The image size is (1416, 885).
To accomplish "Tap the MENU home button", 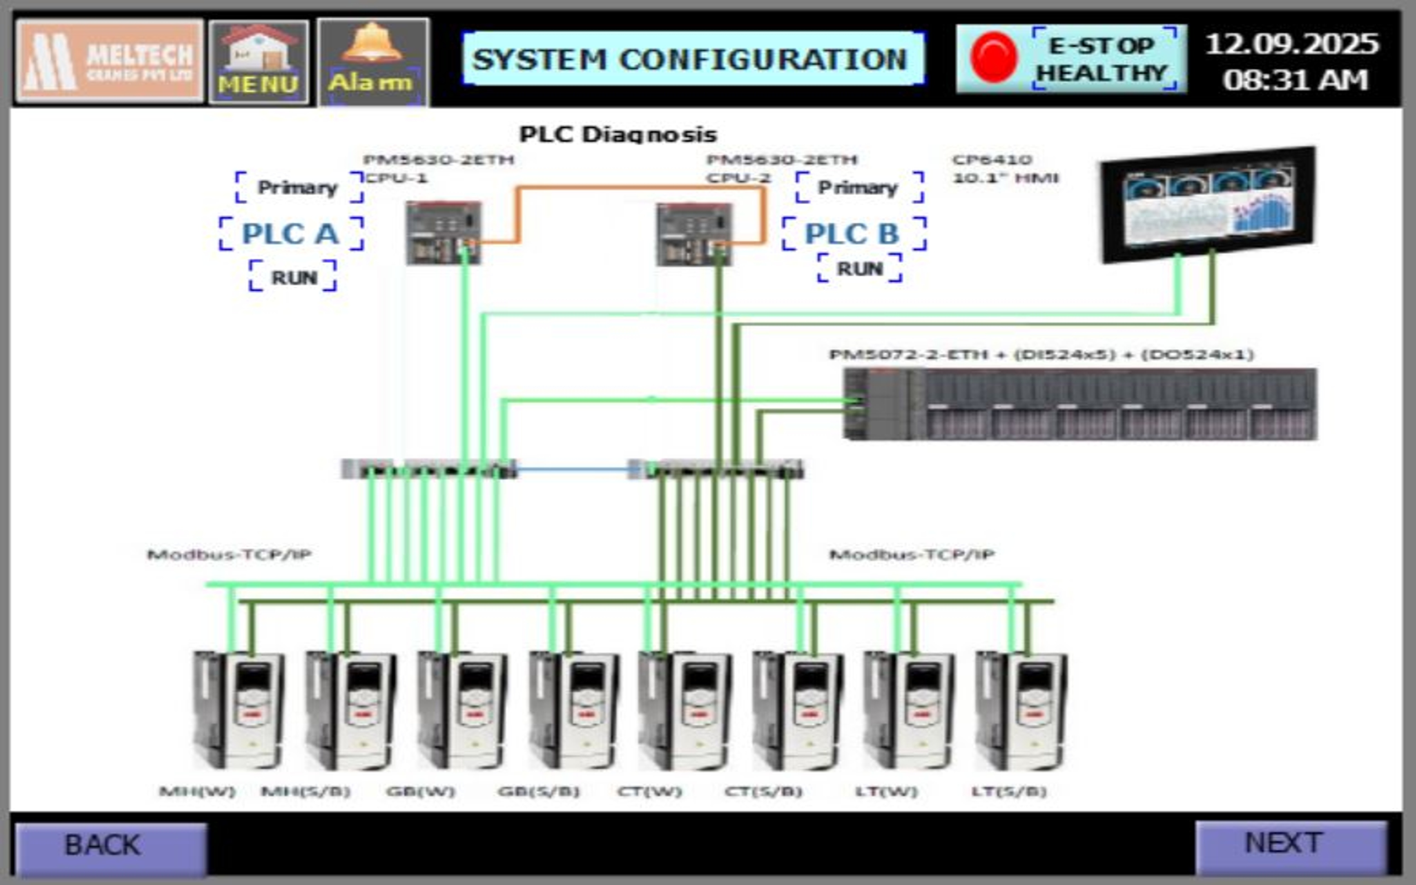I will pyautogui.click(x=259, y=62).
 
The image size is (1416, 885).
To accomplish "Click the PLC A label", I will pyautogui.click(x=291, y=234).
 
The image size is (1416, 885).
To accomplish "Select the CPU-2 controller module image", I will pyautogui.click(x=694, y=234).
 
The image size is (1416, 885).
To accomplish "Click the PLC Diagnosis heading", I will pyautogui.click(x=618, y=135).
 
